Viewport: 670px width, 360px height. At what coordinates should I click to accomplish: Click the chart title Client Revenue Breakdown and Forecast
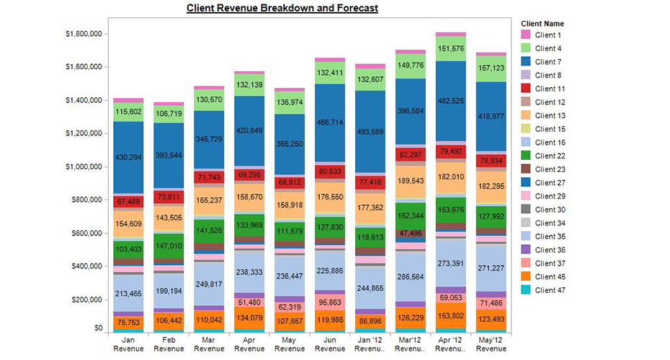282,8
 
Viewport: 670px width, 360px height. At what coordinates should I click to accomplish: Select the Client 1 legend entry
548,35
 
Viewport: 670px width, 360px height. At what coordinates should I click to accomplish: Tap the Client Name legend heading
542,23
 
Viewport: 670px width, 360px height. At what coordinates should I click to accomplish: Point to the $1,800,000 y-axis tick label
85,34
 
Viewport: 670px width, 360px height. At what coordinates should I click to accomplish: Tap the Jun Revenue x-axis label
329,343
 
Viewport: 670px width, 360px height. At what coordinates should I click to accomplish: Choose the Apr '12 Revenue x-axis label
450,343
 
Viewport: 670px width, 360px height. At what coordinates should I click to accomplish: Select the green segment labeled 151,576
450,48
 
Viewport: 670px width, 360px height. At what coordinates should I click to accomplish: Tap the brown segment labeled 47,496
409,234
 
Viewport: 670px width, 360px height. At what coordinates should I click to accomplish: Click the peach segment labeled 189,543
409,180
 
